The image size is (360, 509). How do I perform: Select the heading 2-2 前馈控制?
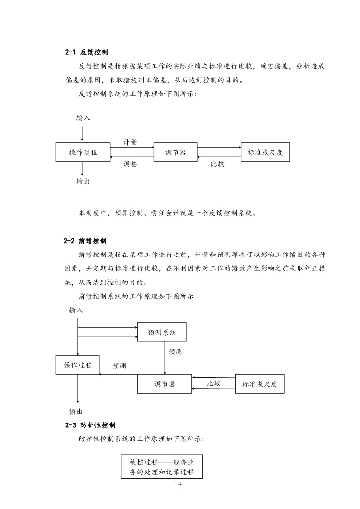86,241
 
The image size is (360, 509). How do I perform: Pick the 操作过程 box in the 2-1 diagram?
83,152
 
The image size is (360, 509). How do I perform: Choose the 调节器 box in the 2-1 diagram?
176,152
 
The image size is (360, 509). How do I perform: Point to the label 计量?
130,142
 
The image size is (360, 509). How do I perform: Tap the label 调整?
130,164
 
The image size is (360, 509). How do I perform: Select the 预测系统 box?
162,332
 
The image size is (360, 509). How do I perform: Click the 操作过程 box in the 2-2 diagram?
78,365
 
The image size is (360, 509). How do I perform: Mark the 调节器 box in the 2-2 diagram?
164,383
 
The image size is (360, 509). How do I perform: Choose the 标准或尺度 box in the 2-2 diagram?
260,383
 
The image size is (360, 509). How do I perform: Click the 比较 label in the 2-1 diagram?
217,164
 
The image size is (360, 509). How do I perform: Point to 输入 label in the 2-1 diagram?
83,118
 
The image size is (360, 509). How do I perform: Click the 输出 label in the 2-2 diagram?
76,411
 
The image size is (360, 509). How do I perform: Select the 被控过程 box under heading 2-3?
162,466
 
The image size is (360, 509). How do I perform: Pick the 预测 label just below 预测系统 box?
175,351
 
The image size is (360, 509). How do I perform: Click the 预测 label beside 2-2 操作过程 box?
119,366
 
